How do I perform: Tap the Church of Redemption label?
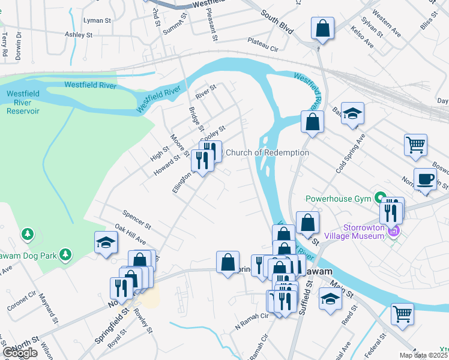(x=267, y=152)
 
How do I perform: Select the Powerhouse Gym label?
(x=339, y=198)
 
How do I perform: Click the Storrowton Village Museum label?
(x=363, y=231)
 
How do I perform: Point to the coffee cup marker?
(x=425, y=179)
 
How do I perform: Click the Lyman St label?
(x=98, y=20)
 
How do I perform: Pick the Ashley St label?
(x=79, y=35)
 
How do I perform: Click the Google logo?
(x=20, y=352)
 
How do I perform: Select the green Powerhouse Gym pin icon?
(x=379, y=197)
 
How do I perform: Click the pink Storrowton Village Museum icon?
(x=394, y=230)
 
